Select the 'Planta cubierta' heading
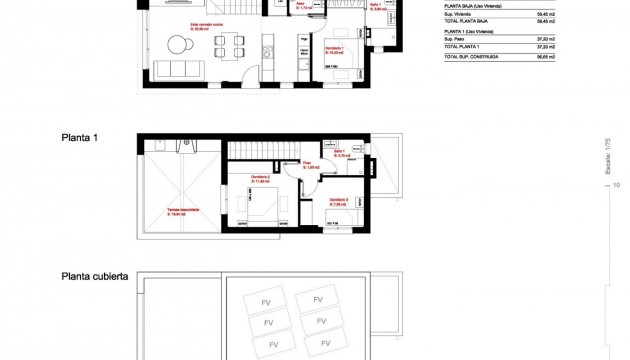(x=95, y=275)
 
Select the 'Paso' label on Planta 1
(x=309, y=166)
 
